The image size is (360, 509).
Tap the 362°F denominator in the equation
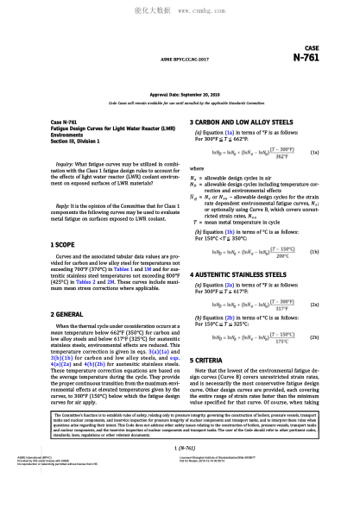coord(281,156)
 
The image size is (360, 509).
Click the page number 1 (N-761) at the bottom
coord(180,473)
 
